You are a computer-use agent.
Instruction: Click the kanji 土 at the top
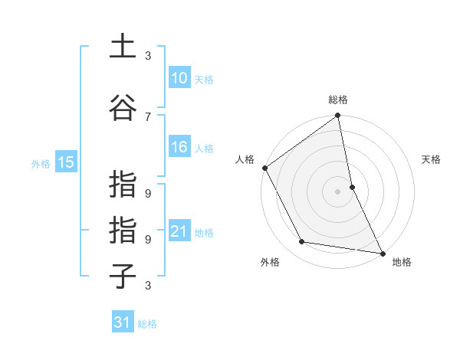click(123, 47)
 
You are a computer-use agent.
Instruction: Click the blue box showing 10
click(179, 78)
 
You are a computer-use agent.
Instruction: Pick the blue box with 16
click(179, 147)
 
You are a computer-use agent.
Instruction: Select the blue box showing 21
click(179, 231)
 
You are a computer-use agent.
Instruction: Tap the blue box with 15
click(66, 162)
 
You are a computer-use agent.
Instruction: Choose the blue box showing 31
click(123, 322)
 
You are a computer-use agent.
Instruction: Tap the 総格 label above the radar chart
click(338, 100)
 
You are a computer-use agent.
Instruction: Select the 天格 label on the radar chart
click(432, 159)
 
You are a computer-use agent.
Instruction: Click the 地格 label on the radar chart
click(402, 262)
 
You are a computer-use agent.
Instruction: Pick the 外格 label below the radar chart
click(270, 262)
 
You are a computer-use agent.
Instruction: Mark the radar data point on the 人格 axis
click(264, 168)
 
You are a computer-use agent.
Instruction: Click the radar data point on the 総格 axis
click(338, 116)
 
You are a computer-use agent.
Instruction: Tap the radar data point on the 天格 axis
click(352, 186)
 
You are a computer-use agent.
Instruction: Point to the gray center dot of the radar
click(338, 191)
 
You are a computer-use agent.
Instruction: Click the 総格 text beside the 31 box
click(147, 323)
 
